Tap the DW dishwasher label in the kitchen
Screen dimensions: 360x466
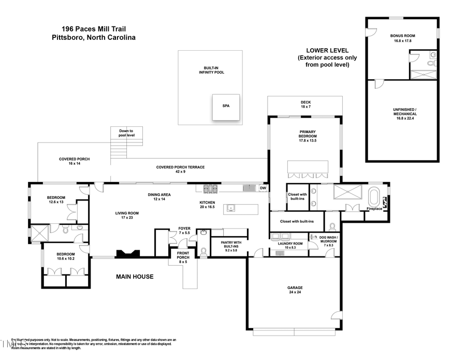tap(263, 188)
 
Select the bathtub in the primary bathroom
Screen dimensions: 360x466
tap(373, 197)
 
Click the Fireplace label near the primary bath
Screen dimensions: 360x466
tap(374, 209)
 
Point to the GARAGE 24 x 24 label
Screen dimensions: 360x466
tap(295, 290)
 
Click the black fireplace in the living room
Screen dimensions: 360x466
tap(127, 253)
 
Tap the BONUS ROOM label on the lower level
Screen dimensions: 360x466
tap(402, 38)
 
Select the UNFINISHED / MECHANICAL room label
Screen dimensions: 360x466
tap(402, 118)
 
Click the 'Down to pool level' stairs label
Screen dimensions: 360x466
tap(126, 133)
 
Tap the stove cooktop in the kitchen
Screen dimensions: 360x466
tap(210, 189)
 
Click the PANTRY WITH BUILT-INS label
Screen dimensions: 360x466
tap(228, 244)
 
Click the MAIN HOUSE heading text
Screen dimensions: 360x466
tap(134, 277)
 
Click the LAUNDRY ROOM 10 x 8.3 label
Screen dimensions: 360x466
tap(290, 246)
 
